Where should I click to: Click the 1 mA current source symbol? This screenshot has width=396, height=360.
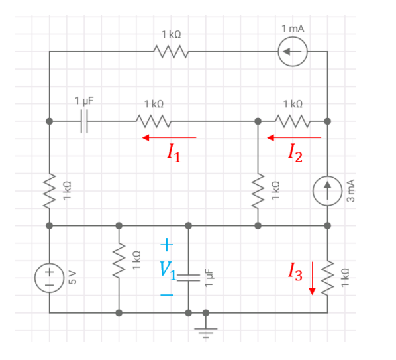point(292,52)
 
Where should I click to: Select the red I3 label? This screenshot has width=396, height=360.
point(295,270)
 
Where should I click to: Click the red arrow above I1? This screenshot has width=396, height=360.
point(169,137)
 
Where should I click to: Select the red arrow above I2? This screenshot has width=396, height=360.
point(293,137)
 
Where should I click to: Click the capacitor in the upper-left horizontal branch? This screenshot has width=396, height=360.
point(84,121)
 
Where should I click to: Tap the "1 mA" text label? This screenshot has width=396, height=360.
point(292,29)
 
